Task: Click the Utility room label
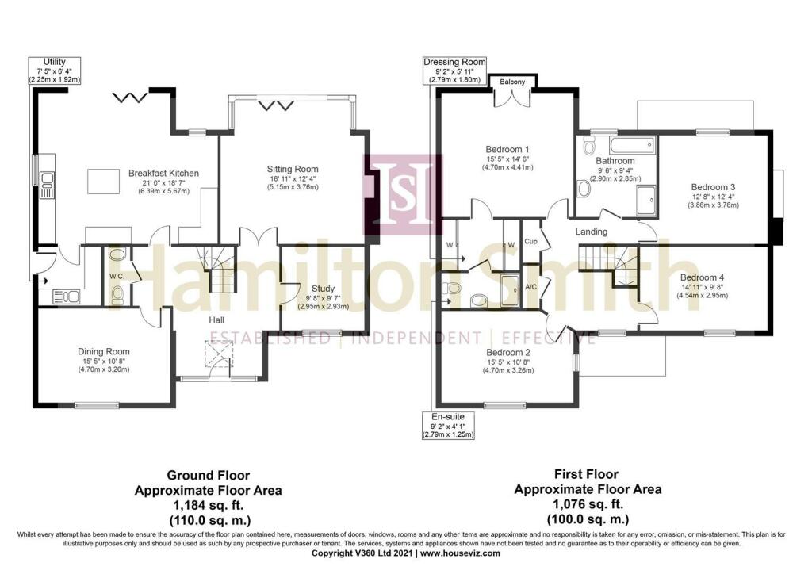coord(55,61)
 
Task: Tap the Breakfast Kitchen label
coord(163,173)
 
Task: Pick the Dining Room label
coord(103,351)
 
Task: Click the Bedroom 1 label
coord(507,149)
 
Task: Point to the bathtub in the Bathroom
coord(630,144)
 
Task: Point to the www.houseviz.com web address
coord(460,553)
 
